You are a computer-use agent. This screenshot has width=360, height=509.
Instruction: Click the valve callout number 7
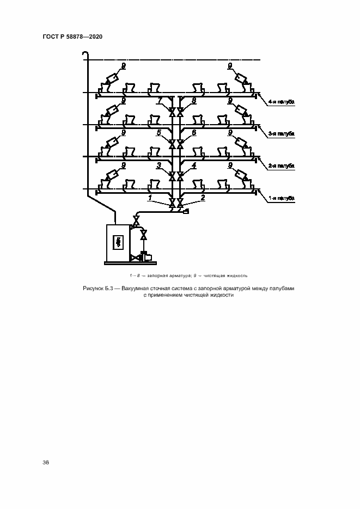pyautogui.click(x=159, y=101)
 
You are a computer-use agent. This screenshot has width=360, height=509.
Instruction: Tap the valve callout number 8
pyautogui.click(x=193, y=101)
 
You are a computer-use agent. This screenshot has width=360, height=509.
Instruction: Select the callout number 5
pyautogui.click(x=159, y=132)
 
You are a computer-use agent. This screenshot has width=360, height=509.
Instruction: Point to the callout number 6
pyautogui.click(x=193, y=132)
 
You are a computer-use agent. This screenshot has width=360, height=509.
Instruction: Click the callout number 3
pyautogui.click(x=159, y=164)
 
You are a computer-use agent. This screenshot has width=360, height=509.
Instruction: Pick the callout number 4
pyautogui.click(x=193, y=164)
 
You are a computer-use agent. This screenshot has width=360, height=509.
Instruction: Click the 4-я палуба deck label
pyautogui.click(x=282, y=102)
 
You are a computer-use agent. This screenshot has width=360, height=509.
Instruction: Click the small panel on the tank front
pyautogui.click(x=118, y=242)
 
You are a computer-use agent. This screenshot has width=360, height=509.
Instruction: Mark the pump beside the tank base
pyautogui.click(x=146, y=256)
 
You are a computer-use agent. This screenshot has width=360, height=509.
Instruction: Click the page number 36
pyautogui.click(x=46, y=463)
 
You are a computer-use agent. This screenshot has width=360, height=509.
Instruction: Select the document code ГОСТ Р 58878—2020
pyautogui.click(x=72, y=36)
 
